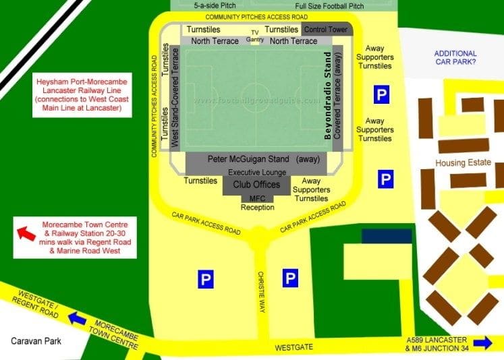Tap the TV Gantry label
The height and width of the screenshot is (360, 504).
pos(254,36)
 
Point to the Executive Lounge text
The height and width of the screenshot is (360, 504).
pos(256,173)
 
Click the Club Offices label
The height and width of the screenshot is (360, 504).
pos(256,184)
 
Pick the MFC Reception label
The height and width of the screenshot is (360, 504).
pos(257,202)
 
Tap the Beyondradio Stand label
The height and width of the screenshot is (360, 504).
pos(329,95)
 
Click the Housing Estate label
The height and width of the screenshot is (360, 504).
pos(463,163)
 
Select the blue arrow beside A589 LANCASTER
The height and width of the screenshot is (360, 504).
pos(482,343)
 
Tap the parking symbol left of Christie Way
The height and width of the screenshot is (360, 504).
pos(206,278)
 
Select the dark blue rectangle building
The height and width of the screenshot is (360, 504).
pos(386,236)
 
